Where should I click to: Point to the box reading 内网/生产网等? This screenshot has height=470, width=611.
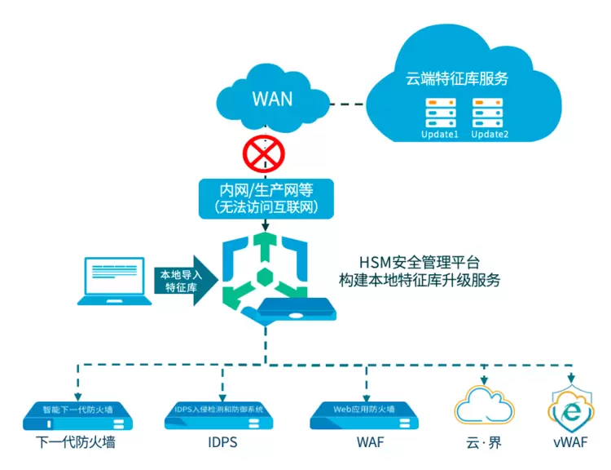pos(267,198)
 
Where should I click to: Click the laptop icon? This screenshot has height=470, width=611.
pos(119,282)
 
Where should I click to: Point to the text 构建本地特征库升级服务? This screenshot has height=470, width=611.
pos(419,280)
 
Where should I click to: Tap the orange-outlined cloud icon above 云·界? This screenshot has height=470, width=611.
pos(485,406)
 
